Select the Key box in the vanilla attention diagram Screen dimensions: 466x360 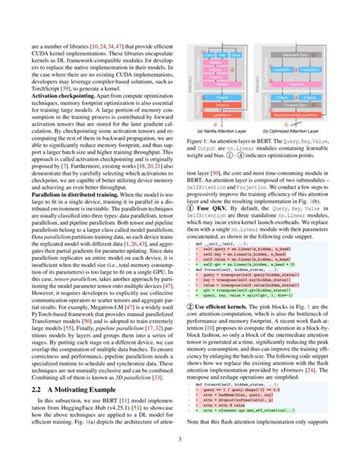222,55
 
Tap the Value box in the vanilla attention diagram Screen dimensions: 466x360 235,55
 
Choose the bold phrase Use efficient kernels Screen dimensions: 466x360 224,327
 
